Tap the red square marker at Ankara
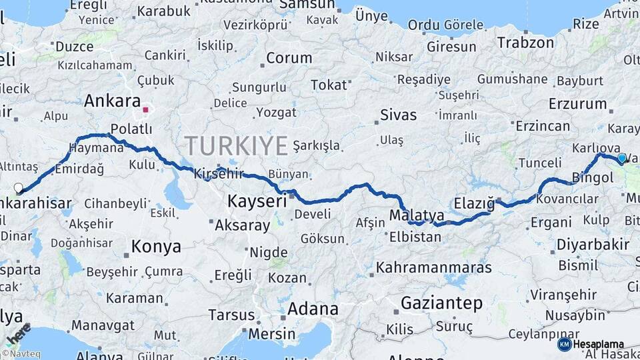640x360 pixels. click(x=145, y=108)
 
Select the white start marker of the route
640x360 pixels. click(x=18, y=188)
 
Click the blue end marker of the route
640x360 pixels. click(x=622, y=158)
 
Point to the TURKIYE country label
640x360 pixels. click(x=236, y=145)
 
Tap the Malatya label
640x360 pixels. click(x=417, y=215)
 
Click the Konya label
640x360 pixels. click(x=156, y=247)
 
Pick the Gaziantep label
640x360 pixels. click(x=441, y=304)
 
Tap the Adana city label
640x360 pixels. click(x=313, y=309)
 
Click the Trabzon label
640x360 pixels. click(x=525, y=43)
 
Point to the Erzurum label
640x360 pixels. click(x=577, y=104)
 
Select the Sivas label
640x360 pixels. click(x=398, y=115)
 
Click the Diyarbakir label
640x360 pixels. click(x=593, y=245)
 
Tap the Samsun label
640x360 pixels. click(x=306, y=5)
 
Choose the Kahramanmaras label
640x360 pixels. click(x=434, y=268)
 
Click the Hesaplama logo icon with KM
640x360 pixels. click(x=564, y=345)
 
